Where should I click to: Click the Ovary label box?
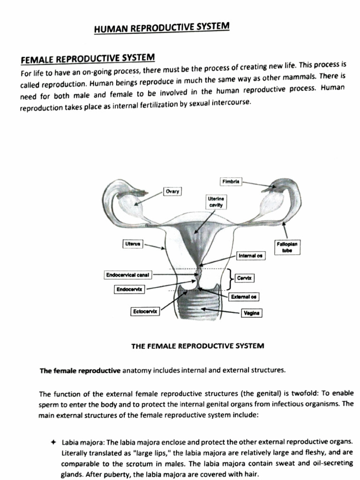pyautogui.click(x=172, y=191)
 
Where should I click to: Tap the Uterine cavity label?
pyautogui.click(x=216, y=202)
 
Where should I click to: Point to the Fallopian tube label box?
pyautogui.click(x=288, y=247)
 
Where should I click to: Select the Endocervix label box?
pyautogui.click(x=129, y=290)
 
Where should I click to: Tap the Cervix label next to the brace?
pyautogui.click(x=244, y=278)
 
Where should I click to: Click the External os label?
pyautogui.click(x=244, y=297)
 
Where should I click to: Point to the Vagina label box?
pyautogui.click(x=251, y=313)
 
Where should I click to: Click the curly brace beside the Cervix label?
pyautogui.click(x=229, y=280)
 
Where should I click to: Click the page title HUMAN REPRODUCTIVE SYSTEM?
pyautogui.click(x=162, y=28)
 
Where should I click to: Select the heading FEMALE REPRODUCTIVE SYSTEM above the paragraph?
pyautogui.click(x=88, y=59)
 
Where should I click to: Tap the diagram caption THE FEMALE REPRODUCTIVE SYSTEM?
pyautogui.click(x=197, y=346)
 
